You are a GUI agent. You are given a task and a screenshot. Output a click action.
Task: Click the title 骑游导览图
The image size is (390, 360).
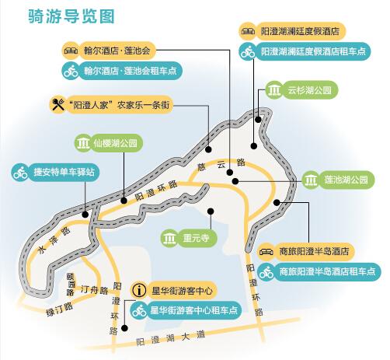pos(71,16)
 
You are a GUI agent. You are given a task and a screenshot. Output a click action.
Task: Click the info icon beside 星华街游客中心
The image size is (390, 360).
pos(140,291)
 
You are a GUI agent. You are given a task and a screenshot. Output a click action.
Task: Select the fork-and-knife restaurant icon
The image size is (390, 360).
pos(58,105)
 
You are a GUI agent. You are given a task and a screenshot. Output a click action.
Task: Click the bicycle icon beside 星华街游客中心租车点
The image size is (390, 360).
pos(139,310)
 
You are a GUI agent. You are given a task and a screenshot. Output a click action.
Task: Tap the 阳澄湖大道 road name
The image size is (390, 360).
pos(171,338)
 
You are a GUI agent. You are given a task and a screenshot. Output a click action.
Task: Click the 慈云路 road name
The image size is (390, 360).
pos(221,165)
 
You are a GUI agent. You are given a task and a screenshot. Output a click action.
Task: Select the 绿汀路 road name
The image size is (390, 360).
pos(60,309)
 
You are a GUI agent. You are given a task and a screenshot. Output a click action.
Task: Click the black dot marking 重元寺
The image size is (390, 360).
pos(211,211)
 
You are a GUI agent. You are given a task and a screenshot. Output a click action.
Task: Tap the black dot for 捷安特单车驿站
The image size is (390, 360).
pos(85,215)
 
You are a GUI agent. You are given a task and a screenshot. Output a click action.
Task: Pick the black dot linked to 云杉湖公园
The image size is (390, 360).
pos(258,120)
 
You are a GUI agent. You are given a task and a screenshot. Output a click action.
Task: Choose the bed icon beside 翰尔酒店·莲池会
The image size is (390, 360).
pos(71,51)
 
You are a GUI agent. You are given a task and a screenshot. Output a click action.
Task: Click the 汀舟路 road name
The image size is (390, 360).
pos(94,290)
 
